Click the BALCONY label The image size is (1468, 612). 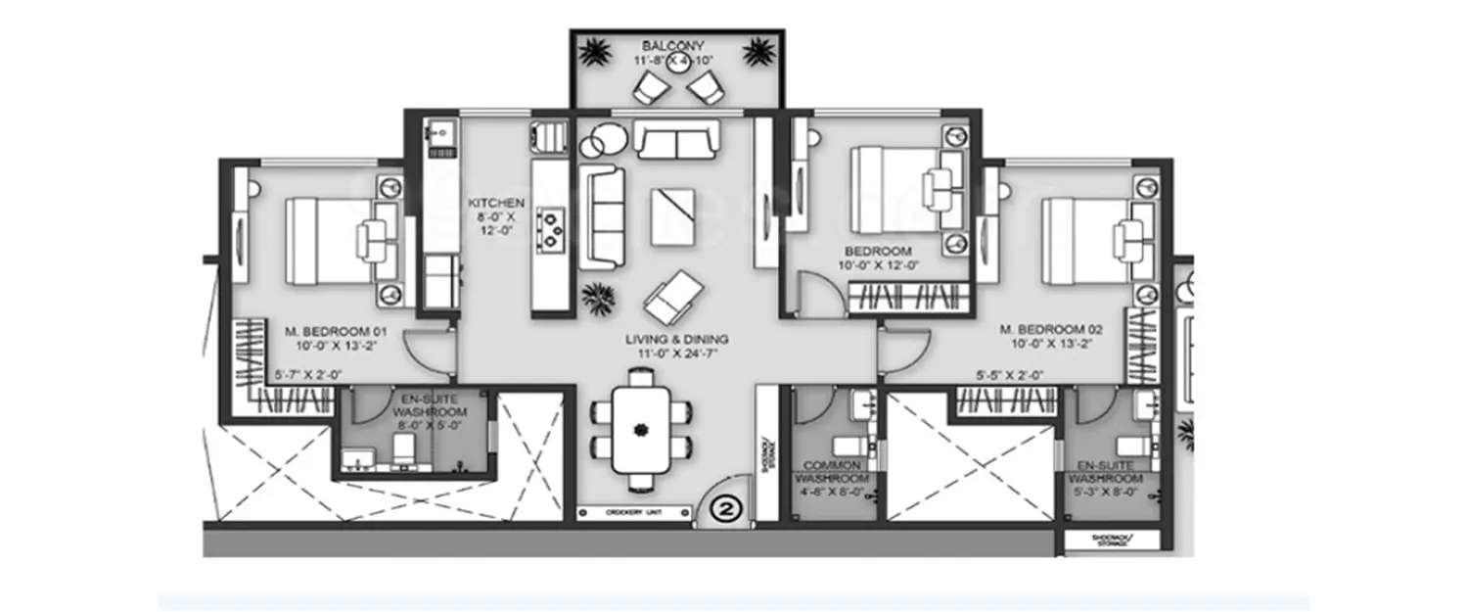click(x=675, y=45)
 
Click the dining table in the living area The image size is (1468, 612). click(x=641, y=428)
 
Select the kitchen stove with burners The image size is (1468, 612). click(x=553, y=227)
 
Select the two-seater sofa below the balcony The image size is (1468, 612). click(x=677, y=138)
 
